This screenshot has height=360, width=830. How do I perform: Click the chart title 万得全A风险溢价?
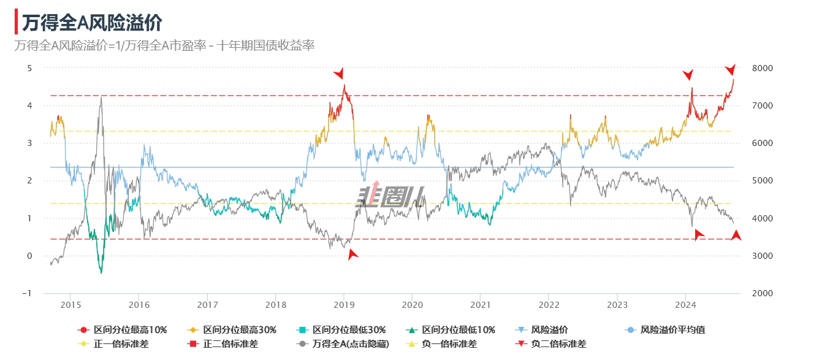[x=92, y=23]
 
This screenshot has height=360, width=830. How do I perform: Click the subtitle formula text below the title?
[x=164, y=45]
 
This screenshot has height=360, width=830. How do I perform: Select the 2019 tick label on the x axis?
[x=344, y=305]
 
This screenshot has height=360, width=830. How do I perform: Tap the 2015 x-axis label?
[x=70, y=305]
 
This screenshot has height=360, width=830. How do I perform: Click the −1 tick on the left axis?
[x=26, y=294]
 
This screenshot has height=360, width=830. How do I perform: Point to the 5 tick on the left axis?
[x=29, y=68]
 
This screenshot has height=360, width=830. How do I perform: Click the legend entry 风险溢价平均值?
[x=672, y=330]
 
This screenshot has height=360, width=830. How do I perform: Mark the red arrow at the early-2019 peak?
[x=339, y=74]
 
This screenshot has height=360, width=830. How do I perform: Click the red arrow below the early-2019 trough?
[x=352, y=254]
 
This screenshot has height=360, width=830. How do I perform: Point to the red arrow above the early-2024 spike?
[x=688, y=75]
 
